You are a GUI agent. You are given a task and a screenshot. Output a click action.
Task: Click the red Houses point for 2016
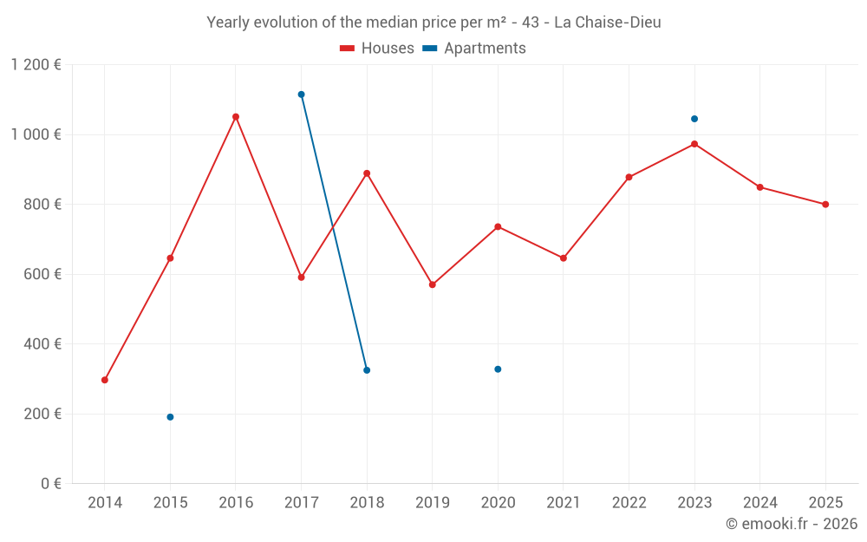pyautogui.click(x=236, y=117)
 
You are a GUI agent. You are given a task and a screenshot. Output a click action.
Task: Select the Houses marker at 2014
pyautogui.click(x=105, y=380)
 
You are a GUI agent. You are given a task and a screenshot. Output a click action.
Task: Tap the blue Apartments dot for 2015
pyautogui.click(x=170, y=417)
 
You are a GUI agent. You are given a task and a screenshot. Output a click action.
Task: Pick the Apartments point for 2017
pyautogui.click(x=301, y=95)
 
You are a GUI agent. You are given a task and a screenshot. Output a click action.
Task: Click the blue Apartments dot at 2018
pyautogui.click(x=367, y=370)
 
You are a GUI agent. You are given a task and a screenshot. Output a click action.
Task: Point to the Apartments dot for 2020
pyautogui.click(x=498, y=369)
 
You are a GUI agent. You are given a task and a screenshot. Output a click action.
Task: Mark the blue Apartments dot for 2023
pyautogui.click(x=694, y=119)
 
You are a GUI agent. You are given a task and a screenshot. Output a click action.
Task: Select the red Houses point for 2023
pyautogui.click(x=694, y=144)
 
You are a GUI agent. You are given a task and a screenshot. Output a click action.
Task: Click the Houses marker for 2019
pyautogui.click(x=433, y=284)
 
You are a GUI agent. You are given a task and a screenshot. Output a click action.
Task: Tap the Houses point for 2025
pyautogui.click(x=825, y=205)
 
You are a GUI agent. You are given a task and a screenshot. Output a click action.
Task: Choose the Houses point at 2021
pyautogui.click(x=564, y=258)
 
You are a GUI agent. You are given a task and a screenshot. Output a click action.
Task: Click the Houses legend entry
pyautogui.click(x=377, y=49)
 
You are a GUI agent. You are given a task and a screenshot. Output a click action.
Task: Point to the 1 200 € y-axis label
pyautogui.click(x=36, y=65)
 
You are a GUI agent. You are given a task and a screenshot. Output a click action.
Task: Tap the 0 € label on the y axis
pyautogui.click(x=49, y=484)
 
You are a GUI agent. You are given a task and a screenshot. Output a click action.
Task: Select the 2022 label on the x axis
pyautogui.click(x=629, y=503)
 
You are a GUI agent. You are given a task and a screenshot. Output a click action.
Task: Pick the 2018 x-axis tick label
pyautogui.click(x=367, y=503)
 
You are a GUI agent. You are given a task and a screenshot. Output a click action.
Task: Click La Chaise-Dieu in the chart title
pyautogui.click(x=607, y=23)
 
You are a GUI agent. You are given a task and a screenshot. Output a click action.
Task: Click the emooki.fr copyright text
pyautogui.click(x=791, y=524)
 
